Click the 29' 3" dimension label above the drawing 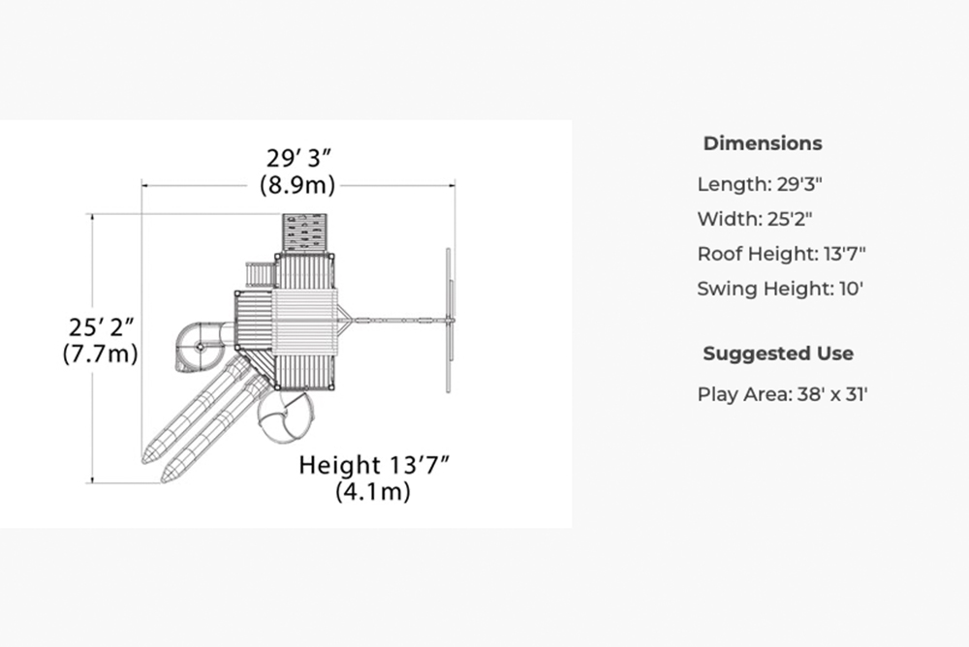(x=298, y=158)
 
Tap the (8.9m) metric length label (x=297, y=185)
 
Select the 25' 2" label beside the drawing (x=101, y=327)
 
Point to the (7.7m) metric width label (x=100, y=354)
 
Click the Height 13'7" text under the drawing (x=374, y=465)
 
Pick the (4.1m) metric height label (x=373, y=491)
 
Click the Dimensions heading (x=763, y=143)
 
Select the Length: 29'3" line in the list (x=760, y=184)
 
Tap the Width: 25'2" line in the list (x=755, y=219)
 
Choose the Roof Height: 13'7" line (x=781, y=254)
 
